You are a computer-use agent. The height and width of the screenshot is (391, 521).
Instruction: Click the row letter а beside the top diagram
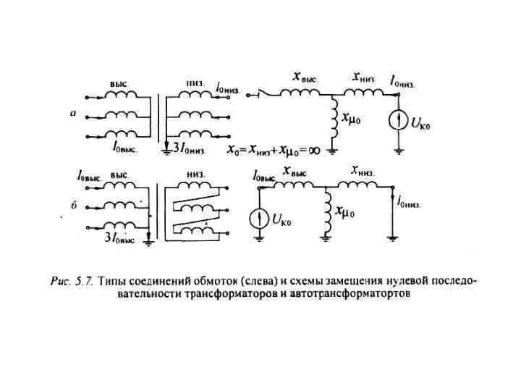(73, 114)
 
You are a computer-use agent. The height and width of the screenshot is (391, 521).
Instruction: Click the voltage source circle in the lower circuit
(258, 218)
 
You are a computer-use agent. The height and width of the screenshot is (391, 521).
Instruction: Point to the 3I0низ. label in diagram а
(190, 151)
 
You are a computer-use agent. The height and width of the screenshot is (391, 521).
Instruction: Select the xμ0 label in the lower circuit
(344, 212)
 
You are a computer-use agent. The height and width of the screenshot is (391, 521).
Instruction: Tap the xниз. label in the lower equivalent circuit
(363, 171)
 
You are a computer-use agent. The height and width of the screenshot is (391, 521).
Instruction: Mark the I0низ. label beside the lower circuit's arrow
(410, 202)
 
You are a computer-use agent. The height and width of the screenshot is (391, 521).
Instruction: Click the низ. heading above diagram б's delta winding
(195, 175)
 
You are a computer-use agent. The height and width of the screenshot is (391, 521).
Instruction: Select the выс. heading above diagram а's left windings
(119, 83)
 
